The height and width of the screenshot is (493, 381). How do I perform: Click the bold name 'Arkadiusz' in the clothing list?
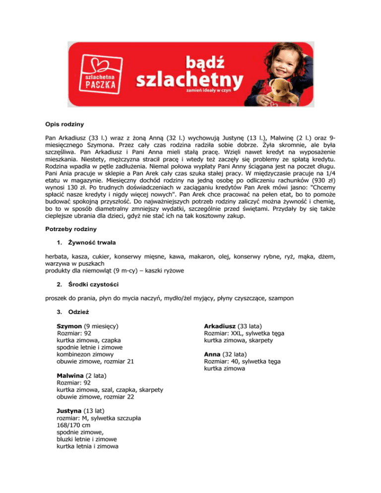click(x=220, y=327)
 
